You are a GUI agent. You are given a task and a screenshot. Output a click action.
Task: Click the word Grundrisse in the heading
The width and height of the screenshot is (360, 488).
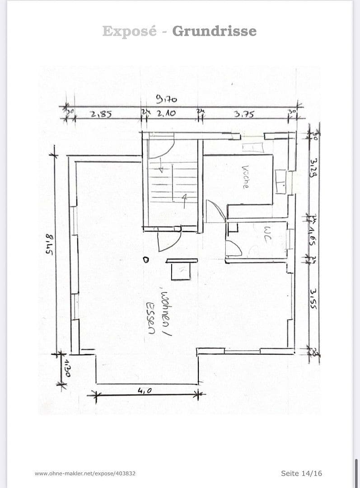(x=214, y=31)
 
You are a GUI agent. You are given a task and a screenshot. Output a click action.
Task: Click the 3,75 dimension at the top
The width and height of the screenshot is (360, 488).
(x=244, y=115)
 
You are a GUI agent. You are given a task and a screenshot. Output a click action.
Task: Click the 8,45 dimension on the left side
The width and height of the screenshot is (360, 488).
(x=49, y=246)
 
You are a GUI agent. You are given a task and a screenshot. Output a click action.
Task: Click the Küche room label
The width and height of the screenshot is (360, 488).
(x=245, y=177)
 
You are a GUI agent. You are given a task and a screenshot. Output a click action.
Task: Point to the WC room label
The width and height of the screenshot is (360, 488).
(x=266, y=235)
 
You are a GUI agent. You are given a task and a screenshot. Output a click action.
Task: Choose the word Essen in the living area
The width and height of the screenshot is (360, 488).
(x=150, y=318)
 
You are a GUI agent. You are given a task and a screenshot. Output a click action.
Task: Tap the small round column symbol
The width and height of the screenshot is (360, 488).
(x=145, y=260)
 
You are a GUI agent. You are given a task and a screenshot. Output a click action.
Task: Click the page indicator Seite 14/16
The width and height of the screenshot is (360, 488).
(x=301, y=473)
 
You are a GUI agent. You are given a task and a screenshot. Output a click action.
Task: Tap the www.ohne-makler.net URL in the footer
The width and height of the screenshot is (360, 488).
(x=85, y=474)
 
